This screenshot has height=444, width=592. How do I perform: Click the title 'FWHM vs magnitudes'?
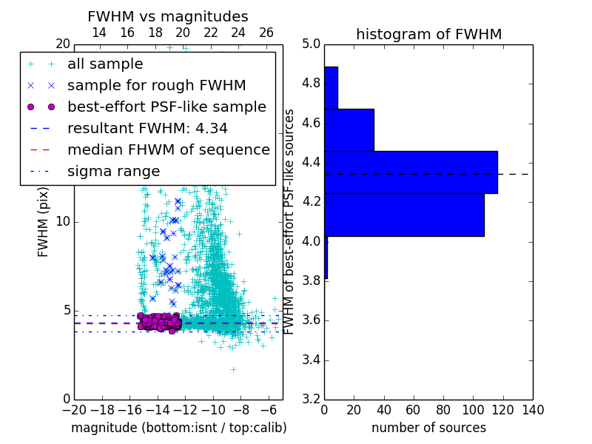(x=168, y=16)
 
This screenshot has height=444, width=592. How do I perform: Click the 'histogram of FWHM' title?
(x=428, y=34)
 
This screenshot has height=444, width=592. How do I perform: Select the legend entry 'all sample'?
(x=105, y=64)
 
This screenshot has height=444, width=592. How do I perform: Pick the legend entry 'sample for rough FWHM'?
(x=156, y=85)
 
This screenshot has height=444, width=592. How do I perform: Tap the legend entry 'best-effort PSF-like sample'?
(x=166, y=107)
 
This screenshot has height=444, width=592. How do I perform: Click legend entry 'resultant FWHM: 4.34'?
(x=147, y=128)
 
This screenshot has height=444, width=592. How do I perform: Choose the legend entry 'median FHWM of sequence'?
(x=168, y=149)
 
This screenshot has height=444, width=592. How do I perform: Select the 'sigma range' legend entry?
(x=113, y=171)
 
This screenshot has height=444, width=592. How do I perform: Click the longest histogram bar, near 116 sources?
(x=411, y=172)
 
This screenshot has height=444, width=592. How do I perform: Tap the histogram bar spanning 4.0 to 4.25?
(x=404, y=215)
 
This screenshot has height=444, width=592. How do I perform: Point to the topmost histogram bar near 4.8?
(x=331, y=88)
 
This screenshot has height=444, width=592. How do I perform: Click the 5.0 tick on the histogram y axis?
(x=312, y=44)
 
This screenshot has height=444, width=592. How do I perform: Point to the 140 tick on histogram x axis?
(x=532, y=410)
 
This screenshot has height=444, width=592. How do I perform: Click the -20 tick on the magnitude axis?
(x=74, y=410)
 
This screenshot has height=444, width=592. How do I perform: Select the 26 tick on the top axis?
(x=266, y=33)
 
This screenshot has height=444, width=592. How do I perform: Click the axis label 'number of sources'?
(x=428, y=428)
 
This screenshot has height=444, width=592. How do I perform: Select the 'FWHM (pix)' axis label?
(x=44, y=221)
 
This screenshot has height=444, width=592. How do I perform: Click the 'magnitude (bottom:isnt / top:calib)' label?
(x=178, y=428)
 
